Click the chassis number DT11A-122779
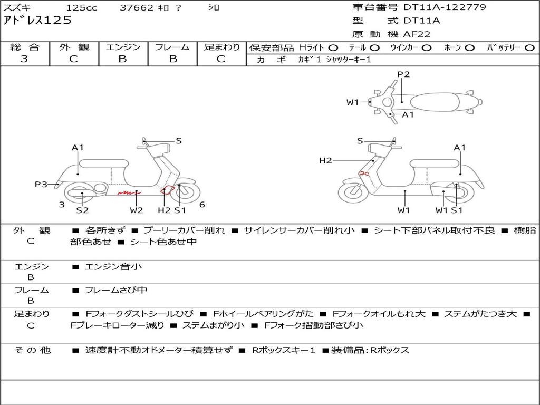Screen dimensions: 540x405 tap(445, 7)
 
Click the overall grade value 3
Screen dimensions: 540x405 tap(24, 59)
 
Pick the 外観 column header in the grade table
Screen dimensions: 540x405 tap(74, 47)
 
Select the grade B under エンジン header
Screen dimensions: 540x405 tap(122, 59)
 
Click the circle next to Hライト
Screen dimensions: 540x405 tap(333, 48)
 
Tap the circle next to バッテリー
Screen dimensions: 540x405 tap(529, 48)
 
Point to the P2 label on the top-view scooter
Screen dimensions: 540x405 tap(403, 74)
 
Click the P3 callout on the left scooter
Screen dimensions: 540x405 tap(41, 184)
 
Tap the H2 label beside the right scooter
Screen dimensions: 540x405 tap(325, 160)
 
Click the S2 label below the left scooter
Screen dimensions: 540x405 tap(82, 210)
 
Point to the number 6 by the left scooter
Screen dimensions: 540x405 tap(202, 205)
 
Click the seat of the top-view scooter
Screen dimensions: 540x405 tap(435, 102)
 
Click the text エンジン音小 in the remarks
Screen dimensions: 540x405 tap(113, 266)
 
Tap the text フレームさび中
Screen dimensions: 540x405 tap(116, 291)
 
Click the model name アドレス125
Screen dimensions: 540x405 tap(37, 21)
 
